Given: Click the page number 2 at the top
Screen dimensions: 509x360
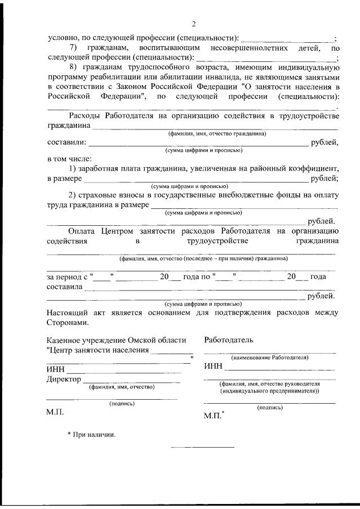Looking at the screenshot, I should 193,24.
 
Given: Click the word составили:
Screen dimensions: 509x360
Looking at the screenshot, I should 66,142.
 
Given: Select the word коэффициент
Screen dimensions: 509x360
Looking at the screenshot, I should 309,169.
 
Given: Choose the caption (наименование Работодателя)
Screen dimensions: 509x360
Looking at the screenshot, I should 269,358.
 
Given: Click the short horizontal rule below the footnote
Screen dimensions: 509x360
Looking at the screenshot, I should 202,447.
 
